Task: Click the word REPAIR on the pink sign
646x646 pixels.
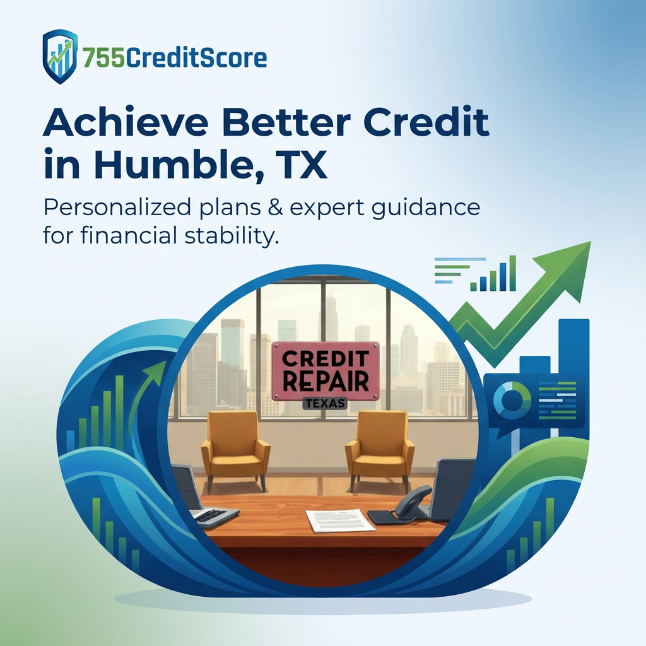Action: pyautogui.click(x=326, y=380)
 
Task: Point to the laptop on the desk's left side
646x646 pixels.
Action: pyautogui.click(x=192, y=495)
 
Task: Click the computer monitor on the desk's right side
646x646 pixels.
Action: pyautogui.click(x=454, y=489)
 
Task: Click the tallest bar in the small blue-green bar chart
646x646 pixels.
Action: pyautogui.click(x=512, y=273)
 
